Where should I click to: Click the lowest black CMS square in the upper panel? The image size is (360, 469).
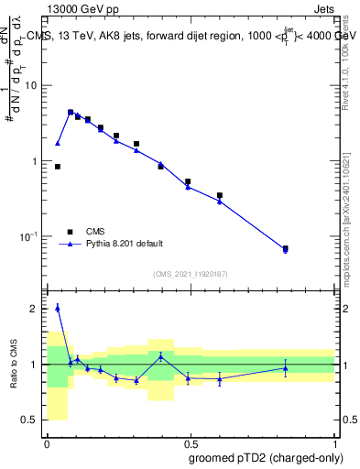click(x=285, y=248)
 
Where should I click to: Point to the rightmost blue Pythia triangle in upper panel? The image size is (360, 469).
click(x=285, y=250)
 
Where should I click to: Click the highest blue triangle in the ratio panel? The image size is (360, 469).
click(x=58, y=308)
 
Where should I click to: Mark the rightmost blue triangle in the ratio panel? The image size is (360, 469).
click(x=285, y=368)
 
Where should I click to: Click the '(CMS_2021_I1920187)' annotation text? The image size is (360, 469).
click(x=190, y=274)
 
